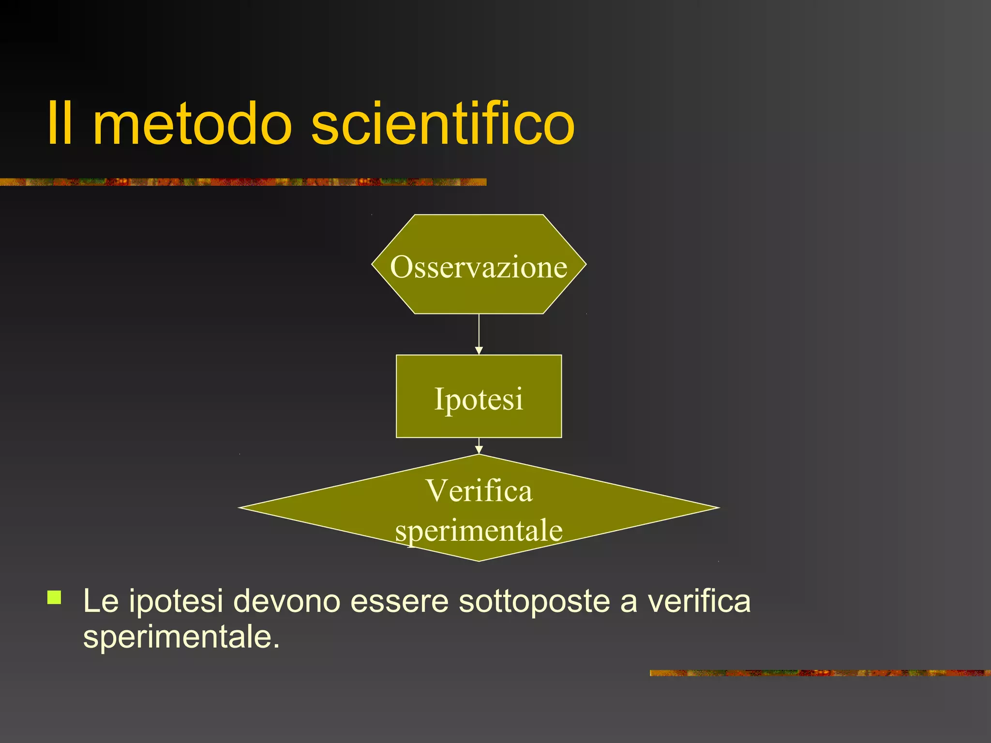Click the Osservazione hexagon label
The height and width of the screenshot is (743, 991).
coord(479,267)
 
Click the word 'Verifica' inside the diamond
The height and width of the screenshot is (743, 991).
coord(479,490)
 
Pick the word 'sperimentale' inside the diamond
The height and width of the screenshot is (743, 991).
coord(479,530)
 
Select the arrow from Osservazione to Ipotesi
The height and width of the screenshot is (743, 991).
coord(479,334)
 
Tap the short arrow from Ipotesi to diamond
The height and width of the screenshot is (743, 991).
coord(479,446)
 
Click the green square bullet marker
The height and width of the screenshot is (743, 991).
coord(55,598)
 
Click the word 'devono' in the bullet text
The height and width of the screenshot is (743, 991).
coord(286,601)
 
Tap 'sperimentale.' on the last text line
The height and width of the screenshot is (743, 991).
coord(181,638)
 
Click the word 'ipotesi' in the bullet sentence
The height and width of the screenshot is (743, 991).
coord(176,601)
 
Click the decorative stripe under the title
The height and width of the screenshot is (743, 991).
coord(242,182)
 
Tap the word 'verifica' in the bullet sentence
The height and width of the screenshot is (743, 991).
coord(699,601)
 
